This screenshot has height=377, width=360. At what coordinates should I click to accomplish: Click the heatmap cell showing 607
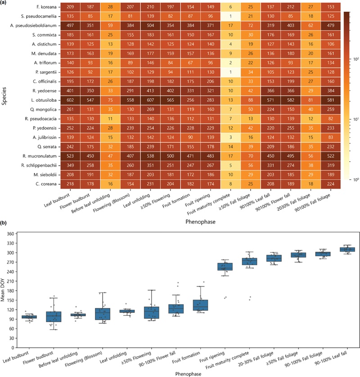point(150,100)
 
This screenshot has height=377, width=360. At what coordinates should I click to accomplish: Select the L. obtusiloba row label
point(44,100)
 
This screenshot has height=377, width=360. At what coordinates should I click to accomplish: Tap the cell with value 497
point(70,26)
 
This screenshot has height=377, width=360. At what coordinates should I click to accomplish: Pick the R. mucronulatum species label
point(40,156)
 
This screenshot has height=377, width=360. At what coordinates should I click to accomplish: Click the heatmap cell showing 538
point(150,156)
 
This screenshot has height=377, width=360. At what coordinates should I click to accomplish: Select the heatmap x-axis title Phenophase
point(200,222)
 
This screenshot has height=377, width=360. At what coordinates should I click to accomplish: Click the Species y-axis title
point(4,96)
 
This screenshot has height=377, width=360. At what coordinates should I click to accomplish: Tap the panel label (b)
point(3,223)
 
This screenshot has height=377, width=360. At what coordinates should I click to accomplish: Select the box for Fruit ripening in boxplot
point(225,267)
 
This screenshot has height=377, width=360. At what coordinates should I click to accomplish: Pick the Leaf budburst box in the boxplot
point(29,317)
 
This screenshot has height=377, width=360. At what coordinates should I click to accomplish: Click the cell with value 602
point(70,100)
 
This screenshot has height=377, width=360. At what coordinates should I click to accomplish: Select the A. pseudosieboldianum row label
point(33,26)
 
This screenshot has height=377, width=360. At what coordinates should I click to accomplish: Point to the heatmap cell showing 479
point(330,26)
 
